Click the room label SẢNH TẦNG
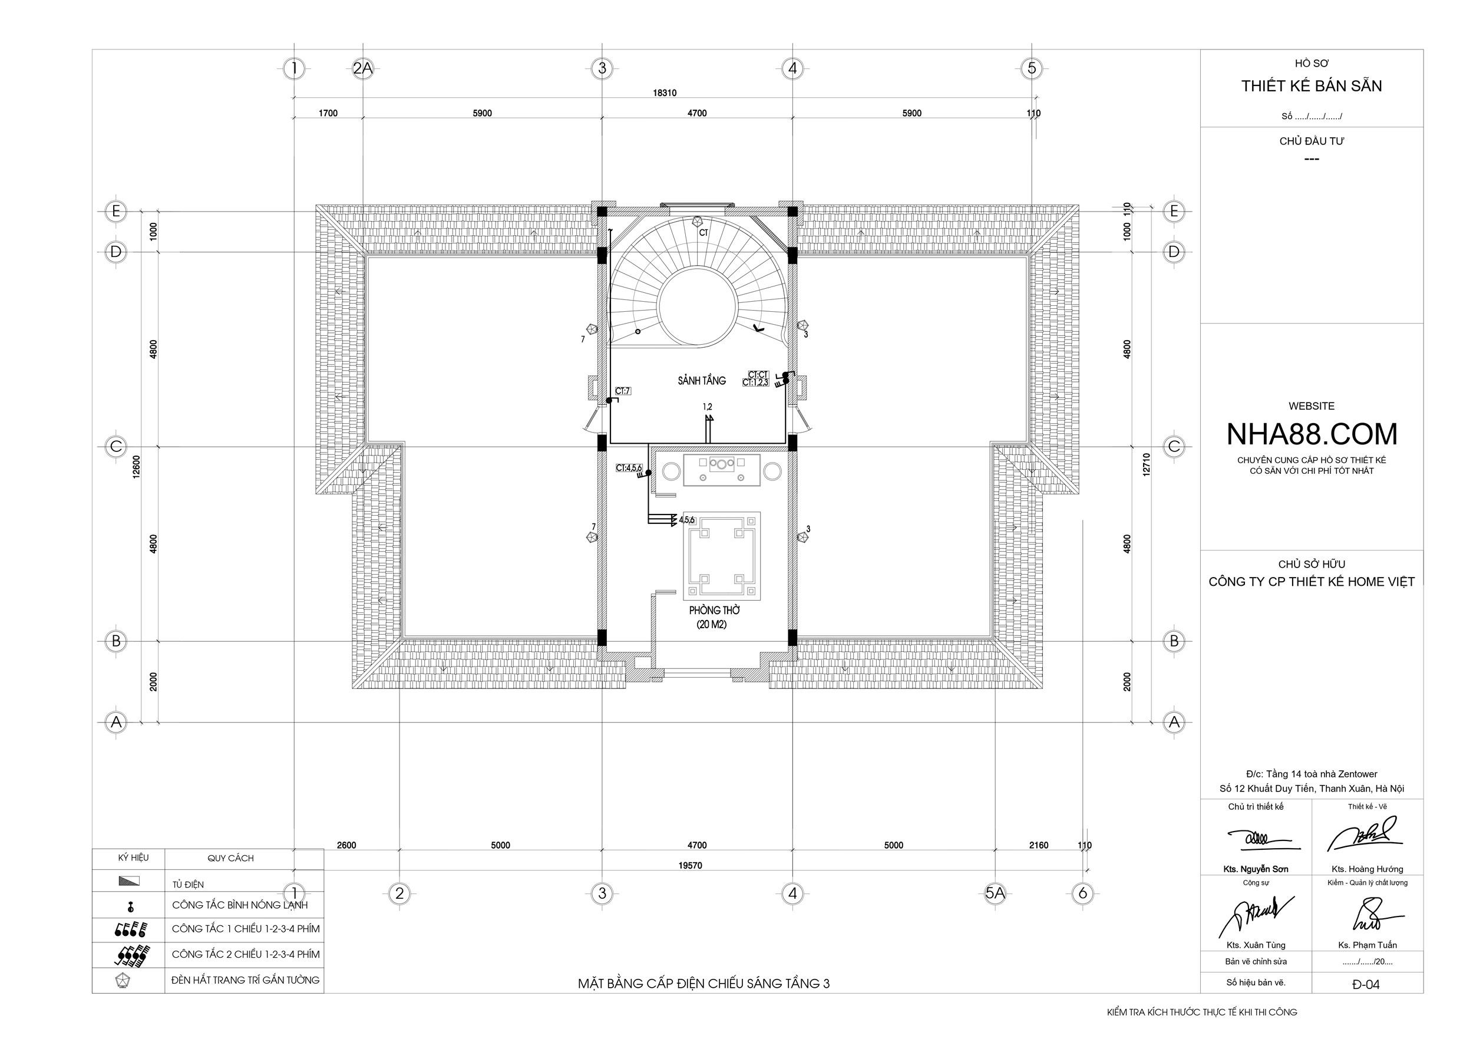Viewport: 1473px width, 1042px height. (702, 381)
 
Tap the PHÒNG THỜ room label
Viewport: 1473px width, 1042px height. (715, 610)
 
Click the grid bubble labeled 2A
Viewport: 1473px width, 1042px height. (362, 68)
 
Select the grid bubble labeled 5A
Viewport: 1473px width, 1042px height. (995, 892)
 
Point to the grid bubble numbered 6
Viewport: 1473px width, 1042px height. (1083, 892)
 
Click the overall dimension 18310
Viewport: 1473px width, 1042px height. (665, 93)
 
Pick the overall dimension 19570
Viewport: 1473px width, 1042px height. (691, 866)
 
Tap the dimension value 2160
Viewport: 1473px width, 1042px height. (1039, 845)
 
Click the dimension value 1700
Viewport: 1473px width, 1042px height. (328, 114)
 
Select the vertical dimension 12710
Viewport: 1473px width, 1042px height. (1147, 464)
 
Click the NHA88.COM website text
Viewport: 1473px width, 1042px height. (1312, 434)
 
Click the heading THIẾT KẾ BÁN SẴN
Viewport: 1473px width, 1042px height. (1312, 86)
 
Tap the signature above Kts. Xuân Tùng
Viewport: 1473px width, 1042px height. (1256, 916)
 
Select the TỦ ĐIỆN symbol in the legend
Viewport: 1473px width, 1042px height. (129, 881)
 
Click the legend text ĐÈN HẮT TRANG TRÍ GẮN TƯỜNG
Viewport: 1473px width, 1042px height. (245, 980)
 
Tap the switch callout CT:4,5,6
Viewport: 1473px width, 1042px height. (629, 469)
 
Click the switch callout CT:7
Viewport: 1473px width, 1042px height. (622, 391)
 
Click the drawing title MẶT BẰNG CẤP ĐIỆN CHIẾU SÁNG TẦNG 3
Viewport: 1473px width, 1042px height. (704, 984)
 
